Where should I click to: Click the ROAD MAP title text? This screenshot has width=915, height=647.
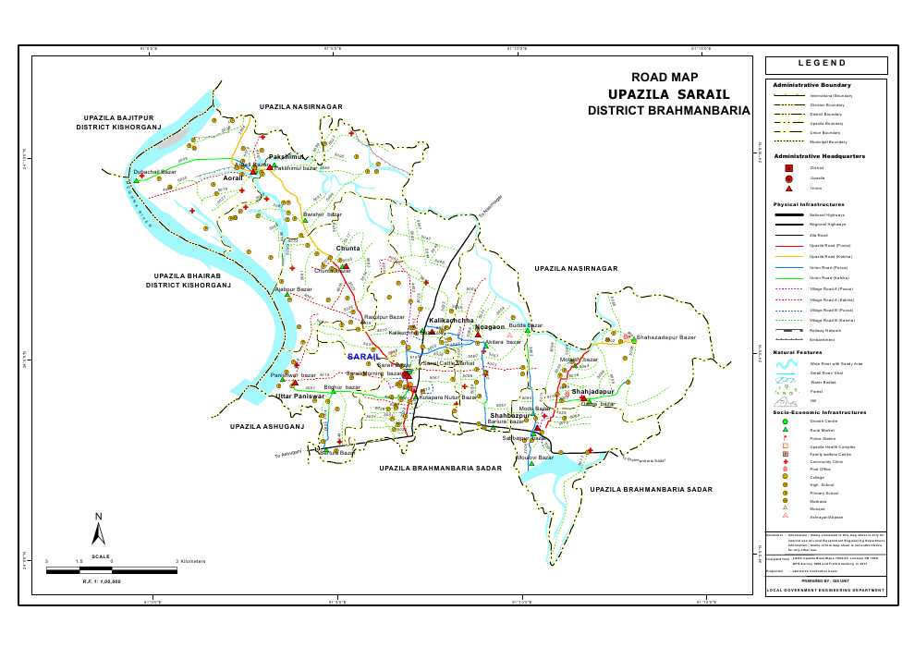pos(664,79)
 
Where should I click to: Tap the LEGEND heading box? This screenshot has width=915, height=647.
pos(825,65)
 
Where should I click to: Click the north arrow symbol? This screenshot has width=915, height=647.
pos(99,530)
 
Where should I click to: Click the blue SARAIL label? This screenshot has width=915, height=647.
pos(364,356)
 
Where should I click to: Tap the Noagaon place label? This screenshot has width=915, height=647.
pos(489,327)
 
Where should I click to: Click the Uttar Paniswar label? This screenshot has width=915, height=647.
pos(300,396)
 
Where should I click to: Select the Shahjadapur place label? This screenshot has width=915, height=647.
pos(592,393)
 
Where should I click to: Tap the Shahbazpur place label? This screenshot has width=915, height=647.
pos(509,416)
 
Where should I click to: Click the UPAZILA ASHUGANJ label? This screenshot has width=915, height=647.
pos(267,427)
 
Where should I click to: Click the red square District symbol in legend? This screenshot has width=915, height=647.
pos(788,168)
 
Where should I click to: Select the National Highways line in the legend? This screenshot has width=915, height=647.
pos(788,214)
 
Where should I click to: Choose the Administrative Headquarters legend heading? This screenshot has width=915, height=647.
pos(819,156)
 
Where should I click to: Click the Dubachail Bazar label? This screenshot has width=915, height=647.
pos(154,172)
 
